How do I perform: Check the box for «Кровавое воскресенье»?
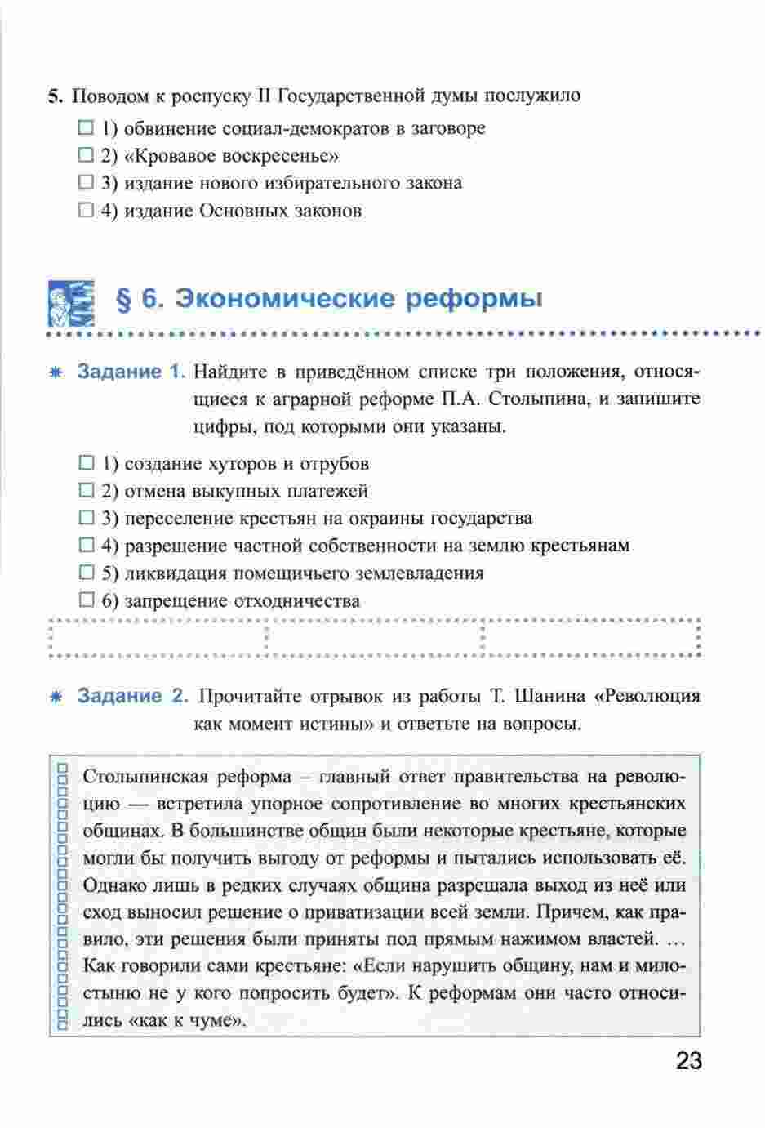pos(87,155)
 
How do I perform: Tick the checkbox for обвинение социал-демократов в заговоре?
pos(87,128)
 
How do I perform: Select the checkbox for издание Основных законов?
pos(87,211)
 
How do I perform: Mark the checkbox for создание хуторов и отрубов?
pos(87,464)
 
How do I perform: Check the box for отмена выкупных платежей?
pos(87,491)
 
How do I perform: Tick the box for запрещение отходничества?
pos(87,601)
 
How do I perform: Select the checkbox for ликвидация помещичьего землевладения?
pos(87,573)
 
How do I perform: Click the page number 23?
pos(688,1062)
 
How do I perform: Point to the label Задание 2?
pos(132,697)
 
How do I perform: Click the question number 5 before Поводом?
pos(54,96)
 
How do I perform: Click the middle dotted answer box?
pos(375,638)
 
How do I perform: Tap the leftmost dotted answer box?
pos(158,638)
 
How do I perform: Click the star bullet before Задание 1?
pos(56,372)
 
